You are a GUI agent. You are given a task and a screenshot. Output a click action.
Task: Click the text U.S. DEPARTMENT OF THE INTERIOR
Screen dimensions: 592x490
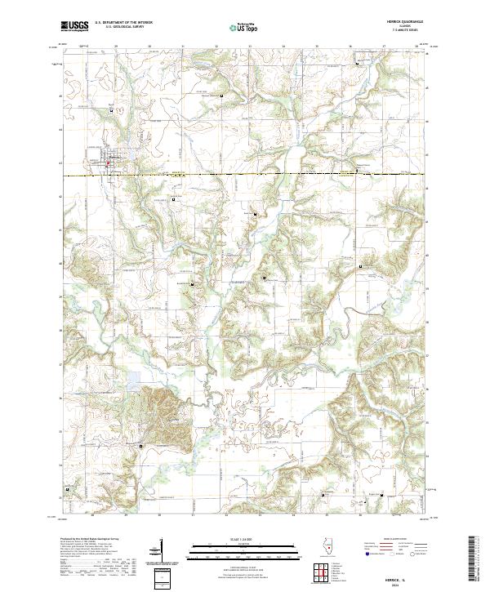(x=123, y=24)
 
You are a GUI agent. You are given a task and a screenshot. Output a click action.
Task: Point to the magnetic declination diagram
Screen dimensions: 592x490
(x=160, y=550)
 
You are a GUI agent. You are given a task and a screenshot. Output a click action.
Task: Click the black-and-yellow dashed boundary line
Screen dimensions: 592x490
(x=245, y=175)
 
